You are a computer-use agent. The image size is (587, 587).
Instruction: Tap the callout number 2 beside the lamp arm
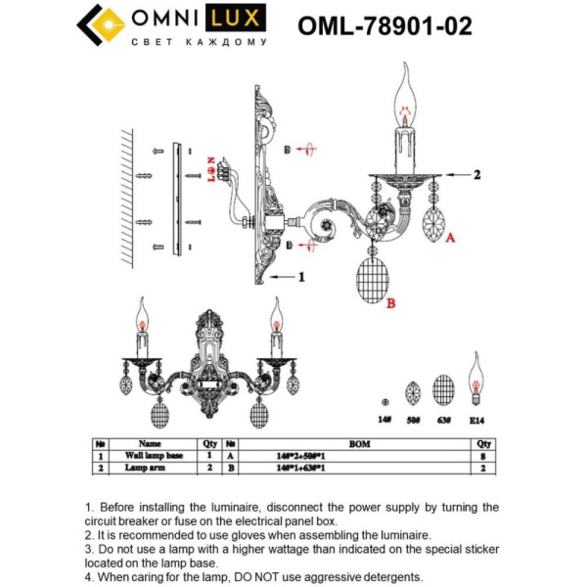click(x=477, y=175)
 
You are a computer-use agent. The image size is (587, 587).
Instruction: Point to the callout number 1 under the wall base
click(x=302, y=277)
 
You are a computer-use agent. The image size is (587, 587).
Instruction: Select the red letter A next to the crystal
click(x=450, y=237)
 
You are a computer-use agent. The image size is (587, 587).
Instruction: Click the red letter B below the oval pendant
click(x=391, y=304)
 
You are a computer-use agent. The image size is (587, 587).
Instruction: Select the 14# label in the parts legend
click(x=384, y=419)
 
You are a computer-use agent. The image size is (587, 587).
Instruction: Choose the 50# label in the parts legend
click(x=414, y=419)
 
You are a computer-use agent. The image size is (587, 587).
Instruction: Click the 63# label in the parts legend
click(x=444, y=419)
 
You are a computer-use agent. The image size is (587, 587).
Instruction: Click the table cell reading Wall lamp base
click(x=155, y=456)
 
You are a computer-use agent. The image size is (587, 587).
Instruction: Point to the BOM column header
click(x=360, y=443)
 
